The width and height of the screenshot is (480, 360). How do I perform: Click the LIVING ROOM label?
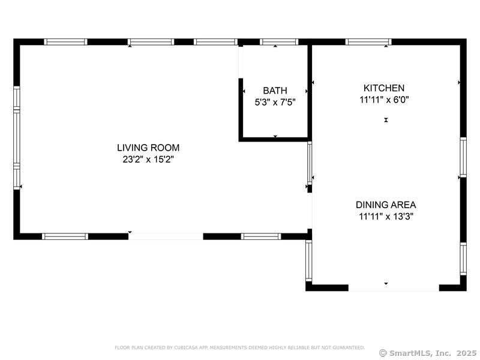(x=148, y=148)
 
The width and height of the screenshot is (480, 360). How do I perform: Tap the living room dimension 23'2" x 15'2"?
(x=148, y=160)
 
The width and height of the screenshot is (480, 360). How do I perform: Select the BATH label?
(x=275, y=91)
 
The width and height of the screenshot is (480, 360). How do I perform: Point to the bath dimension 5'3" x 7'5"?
(x=275, y=102)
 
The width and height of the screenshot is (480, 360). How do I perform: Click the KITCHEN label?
(x=384, y=88)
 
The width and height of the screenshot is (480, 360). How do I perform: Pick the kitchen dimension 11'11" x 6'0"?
(x=384, y=100)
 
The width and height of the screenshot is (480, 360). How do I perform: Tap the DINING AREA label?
(x=385, y=205)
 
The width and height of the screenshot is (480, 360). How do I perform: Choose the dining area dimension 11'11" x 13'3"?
(x=385, y=217)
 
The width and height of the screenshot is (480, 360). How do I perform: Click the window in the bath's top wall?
(x=279, y=42)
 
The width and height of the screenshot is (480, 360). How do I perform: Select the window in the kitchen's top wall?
(x=368, y=42)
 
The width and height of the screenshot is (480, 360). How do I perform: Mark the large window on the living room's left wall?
(x=17, y=138)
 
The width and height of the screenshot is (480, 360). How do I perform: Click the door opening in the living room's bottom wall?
(x=166, y=236)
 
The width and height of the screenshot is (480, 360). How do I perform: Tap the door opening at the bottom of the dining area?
(x=394, y=288)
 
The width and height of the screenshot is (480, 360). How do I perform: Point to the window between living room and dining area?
(x=310, y=163)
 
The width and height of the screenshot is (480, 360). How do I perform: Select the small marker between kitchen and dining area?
(x=386, y=121)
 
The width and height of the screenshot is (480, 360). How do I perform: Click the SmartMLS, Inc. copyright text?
(x=428, y=353)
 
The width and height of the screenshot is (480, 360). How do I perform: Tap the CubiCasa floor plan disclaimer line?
(x=239, y=347)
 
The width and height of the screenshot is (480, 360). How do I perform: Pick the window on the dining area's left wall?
(x=309, y=260)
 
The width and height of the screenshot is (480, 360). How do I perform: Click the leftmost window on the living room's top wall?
(x=66, y=42)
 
